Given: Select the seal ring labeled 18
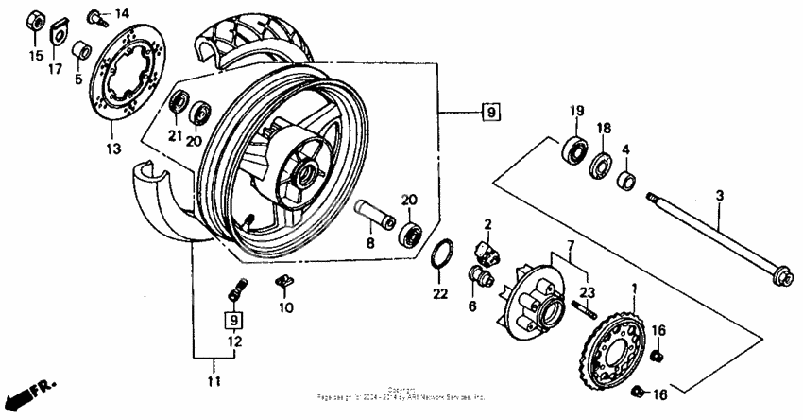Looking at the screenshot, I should point(601,166).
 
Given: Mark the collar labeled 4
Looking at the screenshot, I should point(625,179).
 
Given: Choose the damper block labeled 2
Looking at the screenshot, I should point(484,253).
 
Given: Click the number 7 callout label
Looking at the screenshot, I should point(570,246).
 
